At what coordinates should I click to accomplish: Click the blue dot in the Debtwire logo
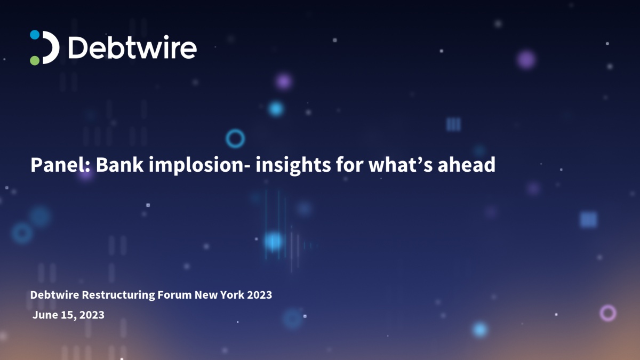[x=35, y=35]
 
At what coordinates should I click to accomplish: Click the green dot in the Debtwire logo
[x=35, y=61]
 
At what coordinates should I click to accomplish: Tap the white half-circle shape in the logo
[x=52, y=47]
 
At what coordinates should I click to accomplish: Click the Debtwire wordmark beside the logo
[x=133, y=47]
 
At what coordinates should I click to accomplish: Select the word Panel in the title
[x=58, y=165]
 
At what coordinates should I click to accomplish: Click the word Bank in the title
[x=119, y=165]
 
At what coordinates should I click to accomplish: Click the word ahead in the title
[x=467, y=165]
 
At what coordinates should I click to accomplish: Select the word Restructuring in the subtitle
[x=118, y=295]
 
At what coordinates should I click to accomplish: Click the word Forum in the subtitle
[x=174, y=295]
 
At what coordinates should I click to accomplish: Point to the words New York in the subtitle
[x=219, y=295]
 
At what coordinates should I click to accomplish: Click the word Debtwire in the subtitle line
[x=54, y=295]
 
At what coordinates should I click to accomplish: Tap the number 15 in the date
[x=67, y=315]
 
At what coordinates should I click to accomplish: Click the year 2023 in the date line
[x=92, y=315]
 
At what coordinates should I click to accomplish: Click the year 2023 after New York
[x=259, y=295]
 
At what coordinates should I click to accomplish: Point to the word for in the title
[x=349, y=165]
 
